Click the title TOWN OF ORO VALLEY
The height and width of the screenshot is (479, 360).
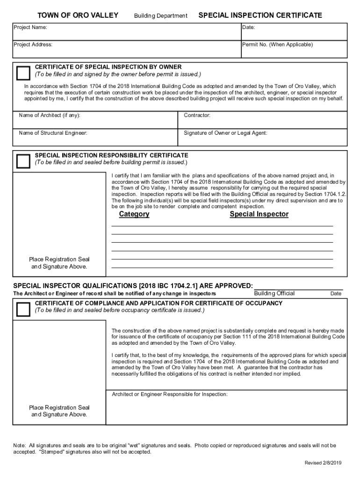78,15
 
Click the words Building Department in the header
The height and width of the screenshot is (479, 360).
160,16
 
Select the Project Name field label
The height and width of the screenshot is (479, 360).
30,27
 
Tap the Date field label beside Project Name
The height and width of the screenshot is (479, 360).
248,27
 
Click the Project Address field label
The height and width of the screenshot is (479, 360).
33,44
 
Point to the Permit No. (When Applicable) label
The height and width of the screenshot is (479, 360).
277,44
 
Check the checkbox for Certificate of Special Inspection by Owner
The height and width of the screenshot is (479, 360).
23,73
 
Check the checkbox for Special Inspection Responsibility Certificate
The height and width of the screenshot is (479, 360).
23,161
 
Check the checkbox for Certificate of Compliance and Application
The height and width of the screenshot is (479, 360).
23,309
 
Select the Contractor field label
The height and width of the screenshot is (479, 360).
197,115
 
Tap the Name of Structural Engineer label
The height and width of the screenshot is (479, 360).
53,133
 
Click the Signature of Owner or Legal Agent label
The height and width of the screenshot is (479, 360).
225,133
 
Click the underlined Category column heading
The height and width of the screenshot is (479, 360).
134,214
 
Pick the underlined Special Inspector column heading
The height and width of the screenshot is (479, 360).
259,214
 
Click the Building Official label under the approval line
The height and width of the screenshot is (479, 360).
274,293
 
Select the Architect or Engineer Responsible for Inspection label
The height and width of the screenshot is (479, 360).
170,394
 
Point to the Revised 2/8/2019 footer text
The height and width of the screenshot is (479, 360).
324,463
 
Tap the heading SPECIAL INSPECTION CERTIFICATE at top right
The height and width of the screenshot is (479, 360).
260,15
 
